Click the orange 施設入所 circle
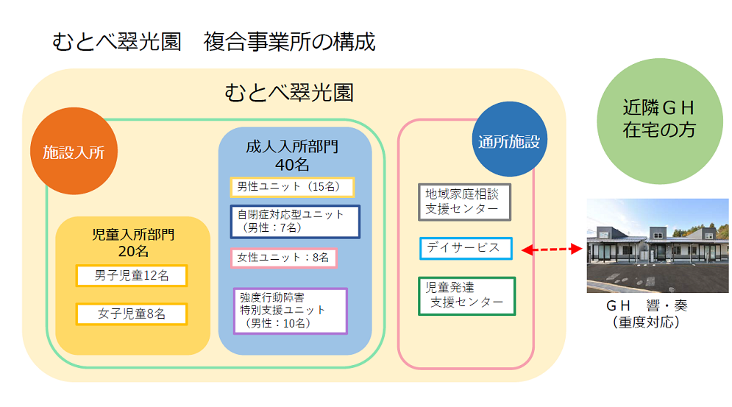pyautogui.click(x=74, y=152)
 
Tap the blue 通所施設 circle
pyautogui.click(x=508, y=141)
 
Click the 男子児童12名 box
pyautogui.click(x=132, y=276)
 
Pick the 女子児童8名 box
pyautogui.click(x=132, y=314)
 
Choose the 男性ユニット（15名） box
pyautogui.click(x=292, y=187)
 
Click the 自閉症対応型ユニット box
pyautogui.click(x=294, y=221)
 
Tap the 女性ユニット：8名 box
pyautogui.click(x=283, y=258)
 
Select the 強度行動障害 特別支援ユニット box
pyautogui.click(x=290, y=311)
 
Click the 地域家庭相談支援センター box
pyautogui.click(x=463, y=202)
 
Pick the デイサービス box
pyautogui.click(x=465, y=248)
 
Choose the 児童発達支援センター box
pyautogui.click(x=466, y=295)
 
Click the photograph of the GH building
pyautogui.click(x=657, y=245)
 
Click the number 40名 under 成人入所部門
pyautogui.click(x=292, y=163)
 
